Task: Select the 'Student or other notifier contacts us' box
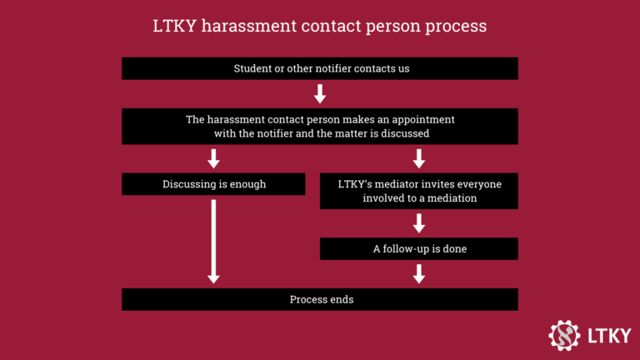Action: [320, 68]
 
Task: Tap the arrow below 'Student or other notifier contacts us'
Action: [320, 93]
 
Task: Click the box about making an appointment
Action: [320, 126]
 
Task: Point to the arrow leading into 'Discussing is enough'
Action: [213, 158]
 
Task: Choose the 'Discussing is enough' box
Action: [213, 184]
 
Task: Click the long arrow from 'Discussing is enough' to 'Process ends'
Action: [213, 242]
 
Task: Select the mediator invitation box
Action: [419, 191]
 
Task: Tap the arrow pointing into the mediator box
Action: [419, 158]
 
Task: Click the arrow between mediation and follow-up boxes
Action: [419, 223]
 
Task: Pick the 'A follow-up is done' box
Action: [419, 248]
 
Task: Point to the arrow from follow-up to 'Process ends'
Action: [419, 273]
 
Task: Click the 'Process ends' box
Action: [320, 299]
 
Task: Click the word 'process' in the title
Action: [455, 27]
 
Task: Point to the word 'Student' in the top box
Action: [252, 68]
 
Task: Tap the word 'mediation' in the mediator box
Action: [450, 198]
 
